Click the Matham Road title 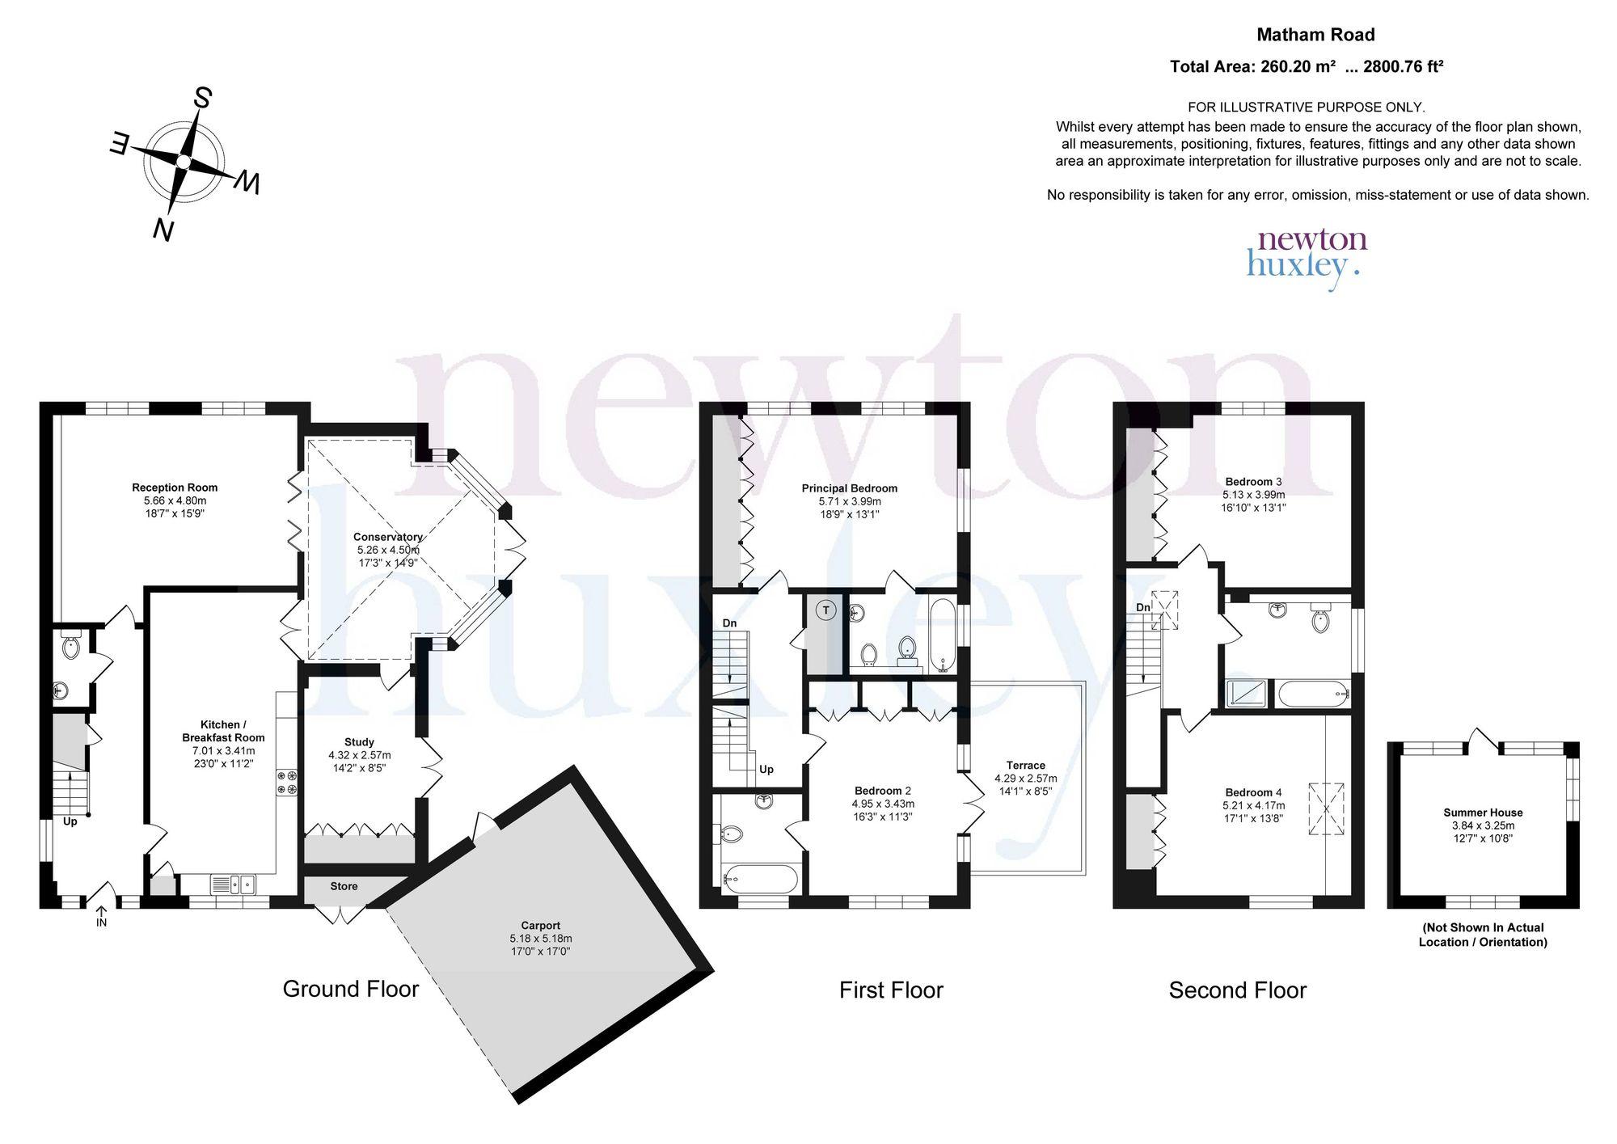1315,35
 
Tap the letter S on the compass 201,99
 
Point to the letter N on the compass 164,230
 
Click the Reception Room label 175,488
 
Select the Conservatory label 388,537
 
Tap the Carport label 541,926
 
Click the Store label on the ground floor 344,886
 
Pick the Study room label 359,742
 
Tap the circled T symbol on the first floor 825,610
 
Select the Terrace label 1026,765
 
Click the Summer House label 1483,813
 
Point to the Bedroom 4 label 1253,792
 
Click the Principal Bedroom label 850,488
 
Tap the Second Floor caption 1238,990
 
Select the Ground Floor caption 351,989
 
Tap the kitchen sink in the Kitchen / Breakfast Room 233,884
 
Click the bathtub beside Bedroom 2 762,878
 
